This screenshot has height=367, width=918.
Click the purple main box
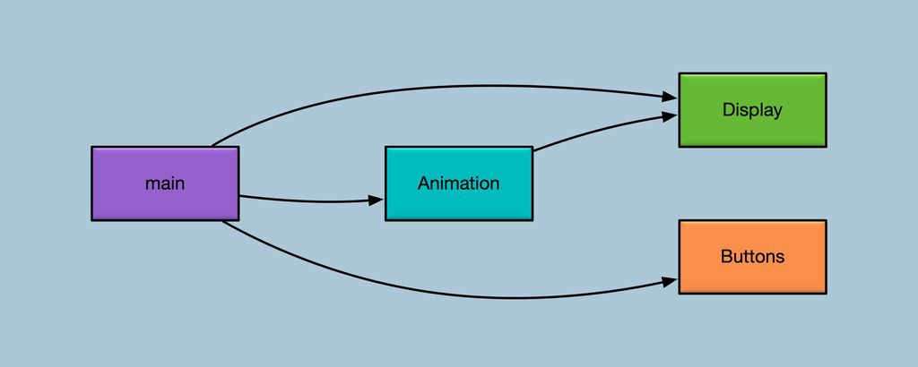coord(165,183)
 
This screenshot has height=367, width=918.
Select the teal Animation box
coord(459,183)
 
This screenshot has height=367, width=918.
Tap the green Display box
coord(752,110)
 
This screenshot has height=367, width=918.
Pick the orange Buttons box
coord(752,257)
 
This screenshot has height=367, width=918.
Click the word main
coord(165,183)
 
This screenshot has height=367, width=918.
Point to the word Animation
coord(459,183)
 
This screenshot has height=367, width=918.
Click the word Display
coord(752,110)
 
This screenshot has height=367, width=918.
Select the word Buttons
coord(752,257)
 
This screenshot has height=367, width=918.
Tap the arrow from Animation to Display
coord(603,130)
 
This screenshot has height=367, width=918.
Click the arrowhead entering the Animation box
coord(377,201)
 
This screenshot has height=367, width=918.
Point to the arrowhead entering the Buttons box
coord(671,282)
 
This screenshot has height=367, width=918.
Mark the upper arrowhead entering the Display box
coord(671,97)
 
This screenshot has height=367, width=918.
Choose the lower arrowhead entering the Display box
coord(671,116)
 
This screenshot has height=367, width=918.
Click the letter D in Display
coord(728,110)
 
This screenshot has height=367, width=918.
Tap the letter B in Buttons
coord(726,257)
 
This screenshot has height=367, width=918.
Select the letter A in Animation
coord(424,183)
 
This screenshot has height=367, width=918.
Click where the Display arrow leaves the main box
coord(212,146)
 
